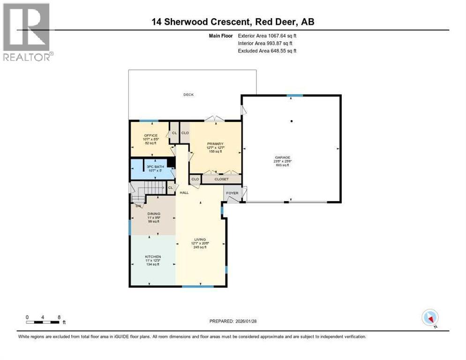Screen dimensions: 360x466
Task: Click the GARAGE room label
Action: pyautogui.click(x=283, y=157)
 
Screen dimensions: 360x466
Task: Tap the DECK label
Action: pyautogui.click(x=188, y=95)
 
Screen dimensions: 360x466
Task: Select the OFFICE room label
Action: pyautogui.click(x=150, y=135)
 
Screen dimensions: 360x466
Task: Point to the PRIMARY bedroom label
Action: pyautogui.click(x=215, y=144)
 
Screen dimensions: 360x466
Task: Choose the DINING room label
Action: pyautogui.click(x=153, y=214)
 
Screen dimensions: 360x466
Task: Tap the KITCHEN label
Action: pyautogui.click(x=153, y=256)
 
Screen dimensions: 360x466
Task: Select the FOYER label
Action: pyautogui.click(x=232, y=193)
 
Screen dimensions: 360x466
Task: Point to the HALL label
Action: pyautogui.click(x=184, y=192)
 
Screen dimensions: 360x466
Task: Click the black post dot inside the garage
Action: pyautogui.click(x=292, y=121)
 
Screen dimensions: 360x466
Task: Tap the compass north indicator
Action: pyautogui.click(x=430, y=318)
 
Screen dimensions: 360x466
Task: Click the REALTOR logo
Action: pyautogui.click(x=26, y=32)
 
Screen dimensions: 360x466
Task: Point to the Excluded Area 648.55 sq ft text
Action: pyautogui.click(x=267, y=51)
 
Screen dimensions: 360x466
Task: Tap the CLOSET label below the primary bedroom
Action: pyautogui.click(x=221, y=179)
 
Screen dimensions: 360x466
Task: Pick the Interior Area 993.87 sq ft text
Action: pyautogui.click(x=267, y=43)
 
